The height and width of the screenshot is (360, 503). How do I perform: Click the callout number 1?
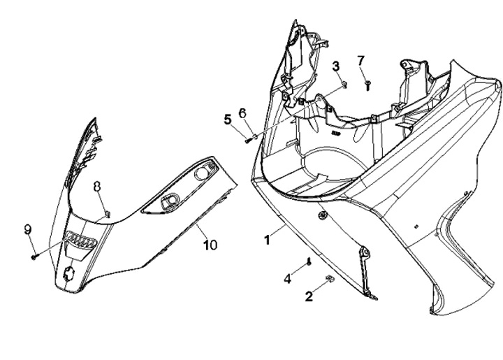(x=267, y=239)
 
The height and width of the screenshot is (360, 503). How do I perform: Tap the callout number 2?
(x=309, y=296)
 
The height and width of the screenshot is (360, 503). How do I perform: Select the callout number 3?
(x=336, y=66)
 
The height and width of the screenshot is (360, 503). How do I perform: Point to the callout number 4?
(x=287, y=279)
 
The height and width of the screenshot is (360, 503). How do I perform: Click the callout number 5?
(x=227, y=119)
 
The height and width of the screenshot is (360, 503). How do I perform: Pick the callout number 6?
(x=242, y=113)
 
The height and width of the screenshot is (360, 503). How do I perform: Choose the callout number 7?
(x=360, y=60)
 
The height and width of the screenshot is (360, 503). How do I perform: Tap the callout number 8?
(x=97, y=186)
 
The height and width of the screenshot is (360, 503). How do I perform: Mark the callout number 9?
(x=28, y=229)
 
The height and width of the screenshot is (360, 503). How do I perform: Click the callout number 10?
(x=210, y=245)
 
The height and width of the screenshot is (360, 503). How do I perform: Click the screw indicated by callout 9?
(x=34, y=257)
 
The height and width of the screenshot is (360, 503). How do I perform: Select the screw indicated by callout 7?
(x=367, y=84)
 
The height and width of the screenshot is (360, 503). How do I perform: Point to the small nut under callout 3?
(x=344, y=85)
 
